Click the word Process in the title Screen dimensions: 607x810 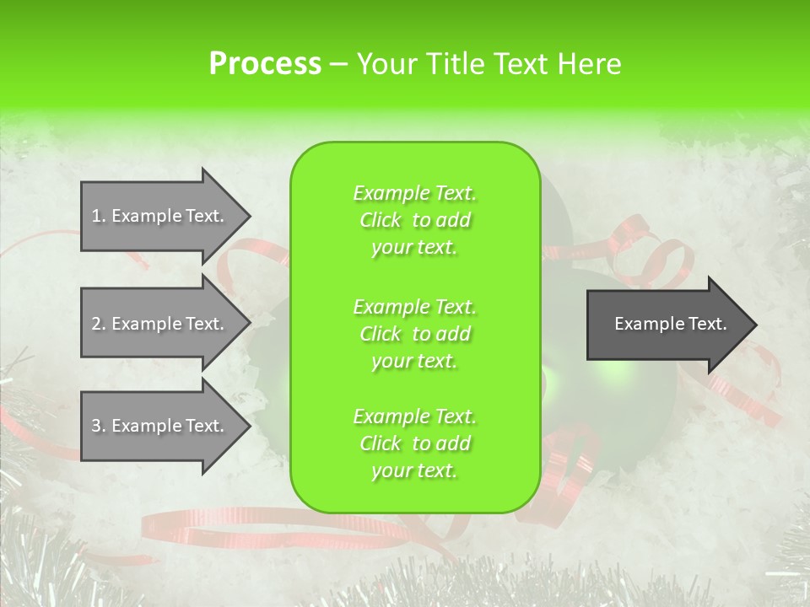click(265, 64)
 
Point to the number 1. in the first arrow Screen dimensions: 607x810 click(99, 216)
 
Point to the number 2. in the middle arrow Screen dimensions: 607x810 click(99, 324)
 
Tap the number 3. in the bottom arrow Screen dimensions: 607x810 click(99, 426)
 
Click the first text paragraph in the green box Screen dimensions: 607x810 click(414, 220)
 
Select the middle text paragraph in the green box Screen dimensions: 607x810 click(414, 334)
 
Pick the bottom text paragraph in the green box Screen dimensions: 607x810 click(414, 443)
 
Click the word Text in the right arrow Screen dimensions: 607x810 click(707, 324)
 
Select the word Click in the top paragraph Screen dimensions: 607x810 click(381, 220)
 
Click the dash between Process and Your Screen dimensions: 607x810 click(338, 65)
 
